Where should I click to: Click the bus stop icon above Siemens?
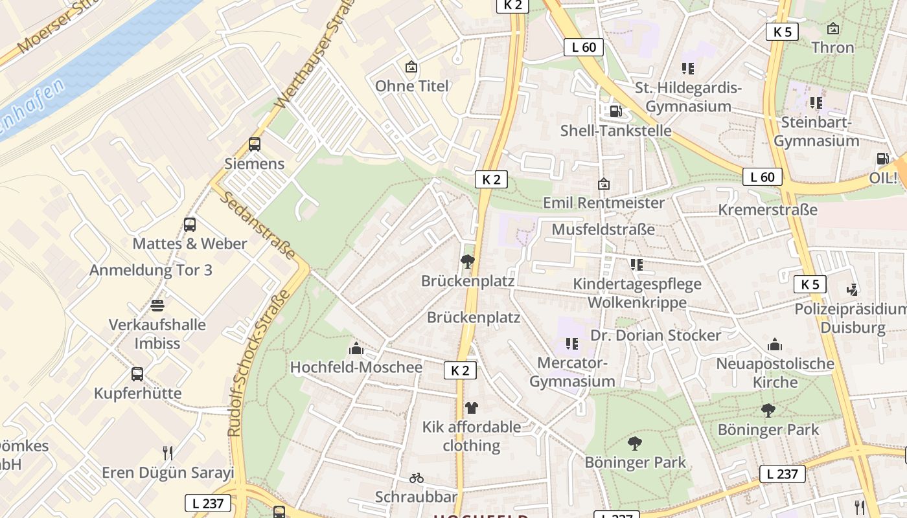pyautogui.click(x=255, y=144)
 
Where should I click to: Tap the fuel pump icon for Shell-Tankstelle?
pyautogui.click(x=615, y=111)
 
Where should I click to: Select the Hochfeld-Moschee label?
pyautogui.click(x=356, y=367)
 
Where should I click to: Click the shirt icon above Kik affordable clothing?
pyautogui.click(x=471, y=407)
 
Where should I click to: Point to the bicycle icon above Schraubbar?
pyautogui.click(x=417, y=478)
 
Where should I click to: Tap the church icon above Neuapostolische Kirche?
pyautogui.click(x=775, y=344)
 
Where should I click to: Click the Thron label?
pyautogui.click(x=832, y=47)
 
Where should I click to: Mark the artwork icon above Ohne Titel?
pyautogui.click(x=411, y=67)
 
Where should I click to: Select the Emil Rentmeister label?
pyautogui.click(x=603, y=203)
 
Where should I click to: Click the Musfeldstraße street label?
pyautogui.click(x=603, y=229)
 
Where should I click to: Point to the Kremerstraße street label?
pyautogui.click(x=768, y=210)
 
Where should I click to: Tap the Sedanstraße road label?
pyautogui.click(x=257, y=224)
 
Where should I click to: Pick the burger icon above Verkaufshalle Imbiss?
pyautogui.click(x=157, y=305)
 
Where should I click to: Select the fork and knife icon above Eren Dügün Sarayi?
pyautogui.click(x=168, y=453)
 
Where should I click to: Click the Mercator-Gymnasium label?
pyautogui.click(x=572, y=372)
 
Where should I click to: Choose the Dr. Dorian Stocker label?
pyautogui.click(x=656, y=335)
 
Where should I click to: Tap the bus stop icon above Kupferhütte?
pyautogui.click(x=137, y=374)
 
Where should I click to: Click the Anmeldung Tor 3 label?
pyautogui.click(x=150, y=270)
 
